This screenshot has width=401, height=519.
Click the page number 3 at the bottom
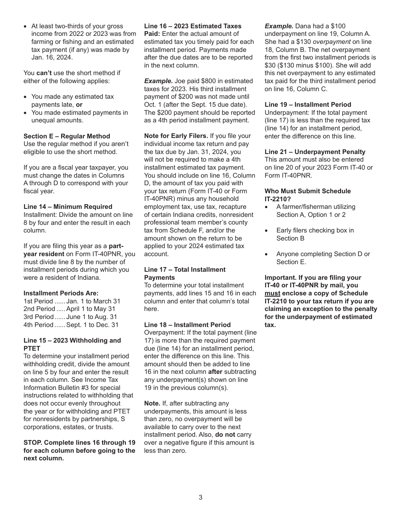point(200,497)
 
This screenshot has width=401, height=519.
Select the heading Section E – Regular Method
point(67,136)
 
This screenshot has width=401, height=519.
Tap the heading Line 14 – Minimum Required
point(68,207)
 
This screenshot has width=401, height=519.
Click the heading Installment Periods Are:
point(61,293)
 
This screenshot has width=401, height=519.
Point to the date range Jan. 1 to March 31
point(93,301)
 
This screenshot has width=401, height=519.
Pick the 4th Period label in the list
point(38,325)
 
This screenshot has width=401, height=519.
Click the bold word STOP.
point(33,443)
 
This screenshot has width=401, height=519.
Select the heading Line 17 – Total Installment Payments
point(185,273)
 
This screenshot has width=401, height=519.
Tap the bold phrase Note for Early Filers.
point(176,136)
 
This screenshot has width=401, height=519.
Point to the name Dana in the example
point(302,26)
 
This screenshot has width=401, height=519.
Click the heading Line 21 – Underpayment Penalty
point(315,152)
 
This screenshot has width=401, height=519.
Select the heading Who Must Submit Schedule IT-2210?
point(307,195)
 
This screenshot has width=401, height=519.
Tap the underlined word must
point(272,293)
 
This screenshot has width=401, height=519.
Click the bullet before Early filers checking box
point(266,231)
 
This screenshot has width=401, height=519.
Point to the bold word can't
point(44,73)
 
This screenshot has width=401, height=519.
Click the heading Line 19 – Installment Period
point(308,105)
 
